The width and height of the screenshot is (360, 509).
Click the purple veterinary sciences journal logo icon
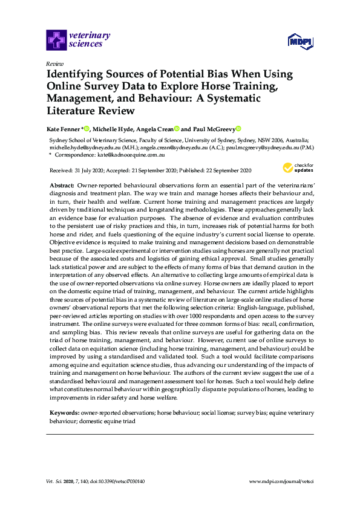(x=56, y=40)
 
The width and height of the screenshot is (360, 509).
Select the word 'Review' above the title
(x=54, y=63)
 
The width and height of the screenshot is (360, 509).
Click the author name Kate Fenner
(x=63, y=129)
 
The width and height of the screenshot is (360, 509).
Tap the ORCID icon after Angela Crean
(x=177, y=129)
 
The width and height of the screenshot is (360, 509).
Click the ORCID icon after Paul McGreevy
(x=238, y=129)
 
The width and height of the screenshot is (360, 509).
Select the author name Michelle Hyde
(x=110, y=129)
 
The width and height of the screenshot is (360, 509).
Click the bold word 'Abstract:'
(x=61, y=183)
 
